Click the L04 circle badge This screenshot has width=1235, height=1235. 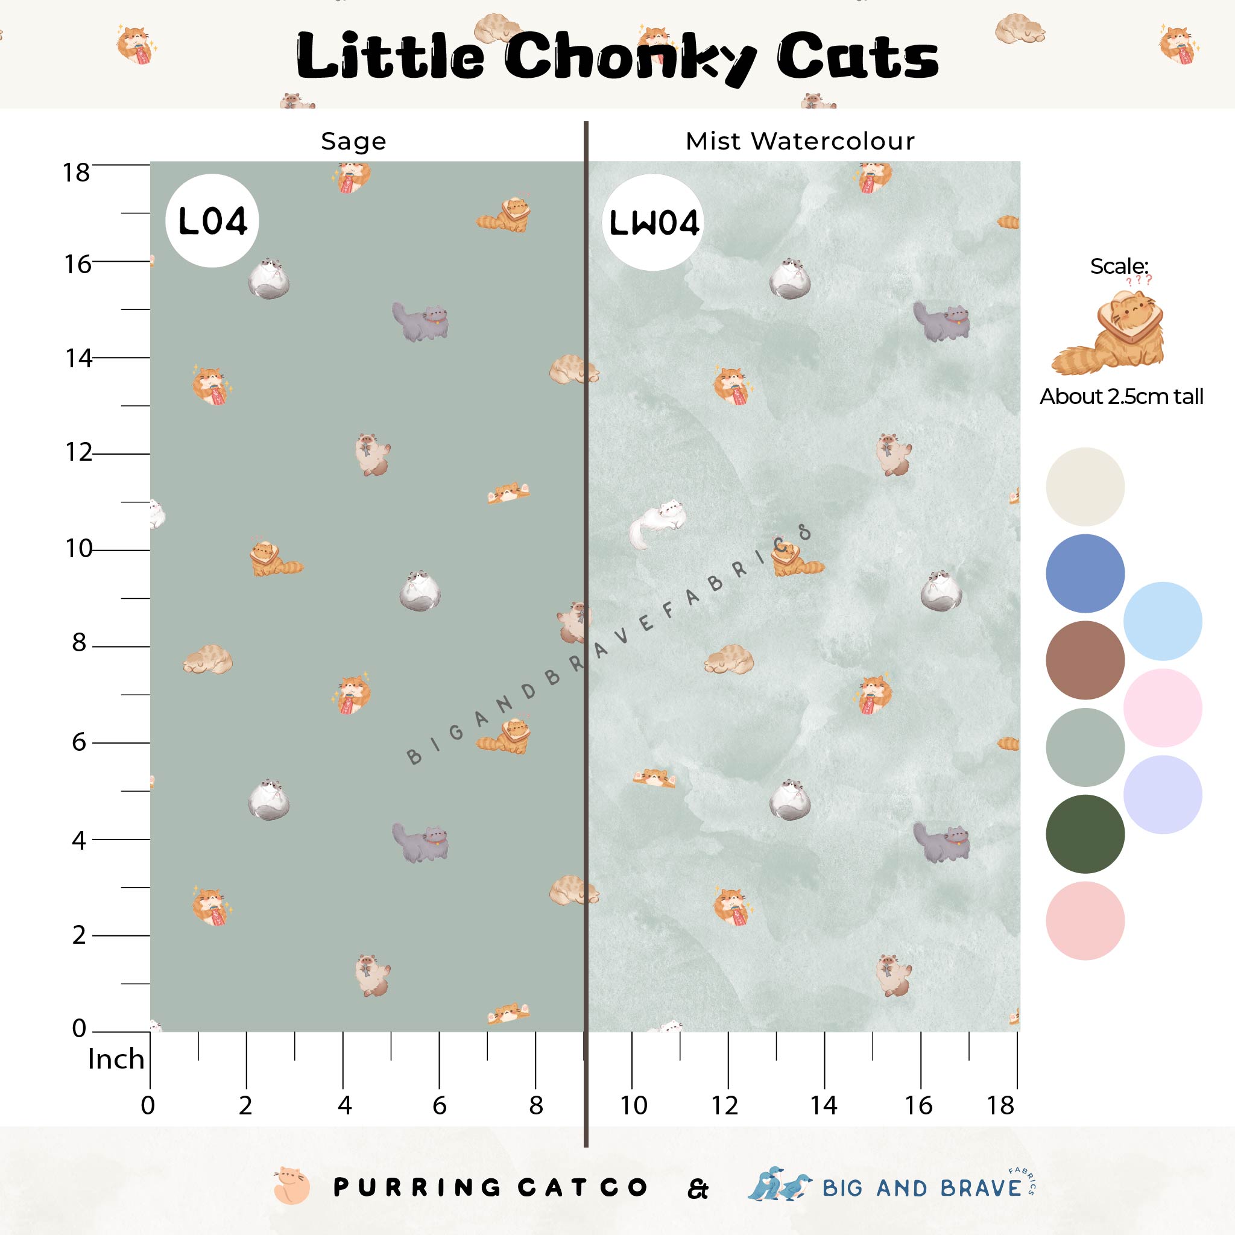coord(212,221)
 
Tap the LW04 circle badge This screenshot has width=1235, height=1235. coord(652,223)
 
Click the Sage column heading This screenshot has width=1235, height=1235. coord(353,141)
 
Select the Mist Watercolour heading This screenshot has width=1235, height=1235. coord(800,141)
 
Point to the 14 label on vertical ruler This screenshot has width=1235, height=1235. coord(78,359)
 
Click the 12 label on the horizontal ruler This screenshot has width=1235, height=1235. coord(725,1105)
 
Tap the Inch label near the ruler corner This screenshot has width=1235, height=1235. coord(116,1059)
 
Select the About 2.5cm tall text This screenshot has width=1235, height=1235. coord(1121,396)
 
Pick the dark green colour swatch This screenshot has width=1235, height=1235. coord(1085,834)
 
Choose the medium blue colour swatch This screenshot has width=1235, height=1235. coord(1085,573)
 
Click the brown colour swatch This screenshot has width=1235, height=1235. coord(1085,660)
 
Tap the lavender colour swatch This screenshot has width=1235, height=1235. coord(1162,795)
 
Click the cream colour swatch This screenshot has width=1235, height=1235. coord(1085,487)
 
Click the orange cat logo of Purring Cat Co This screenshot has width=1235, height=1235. coord(291,1186)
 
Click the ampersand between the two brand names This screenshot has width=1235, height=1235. coord(698,1189)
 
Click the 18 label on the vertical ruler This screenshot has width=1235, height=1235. coord(76,172)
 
